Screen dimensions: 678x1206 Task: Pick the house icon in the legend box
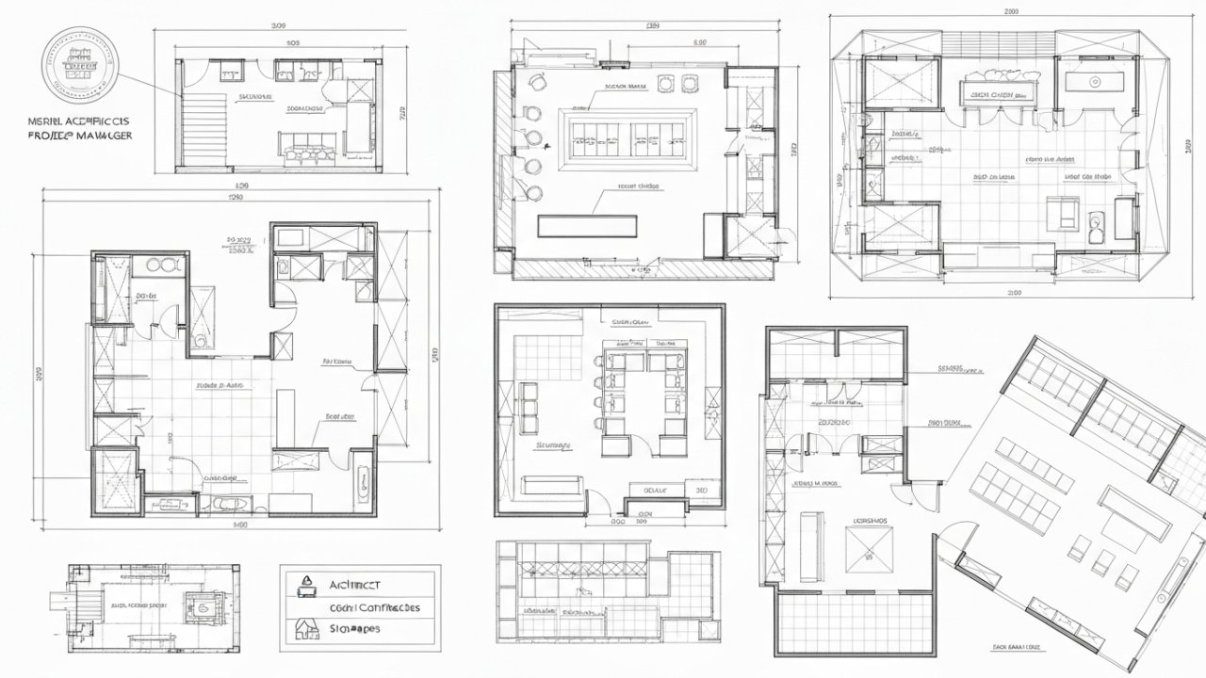tap(305, 627)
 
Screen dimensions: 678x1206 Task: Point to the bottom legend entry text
tap(354, 628)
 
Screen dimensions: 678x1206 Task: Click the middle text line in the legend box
tap(374, 607)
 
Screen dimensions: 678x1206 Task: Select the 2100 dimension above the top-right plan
tap(1012, 12)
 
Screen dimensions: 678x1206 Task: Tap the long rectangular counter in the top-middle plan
tap(588, 226)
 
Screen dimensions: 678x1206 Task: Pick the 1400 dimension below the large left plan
tap(239, 525)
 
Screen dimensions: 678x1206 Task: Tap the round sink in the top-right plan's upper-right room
tap(1094, 82)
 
